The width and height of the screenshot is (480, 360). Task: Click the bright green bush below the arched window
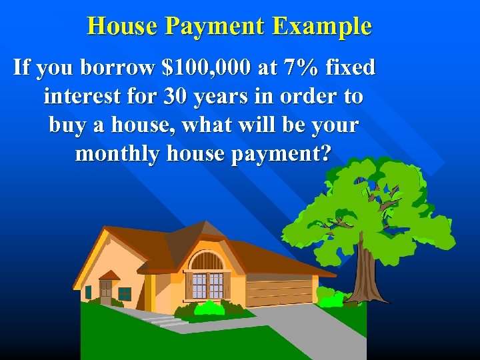pos(209,308)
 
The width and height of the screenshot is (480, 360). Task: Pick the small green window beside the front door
pos(124,293)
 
